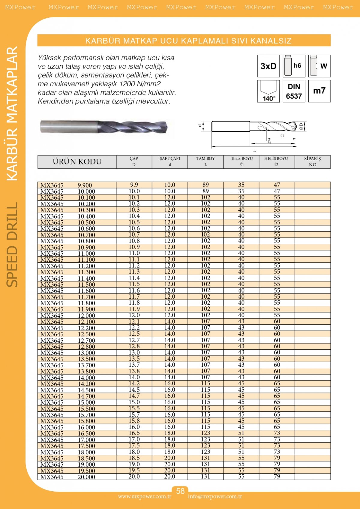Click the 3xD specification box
pos(268,66)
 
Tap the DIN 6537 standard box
pos(294,91)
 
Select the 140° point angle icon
pos(268,91)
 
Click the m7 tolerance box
pos(319,91)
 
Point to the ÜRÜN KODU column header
pos(77,162)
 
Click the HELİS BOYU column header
pos(276,161)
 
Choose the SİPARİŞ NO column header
pos(312,161)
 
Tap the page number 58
pos(180,491)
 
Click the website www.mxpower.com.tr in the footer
pos(145,497)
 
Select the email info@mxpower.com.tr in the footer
pos(215,497)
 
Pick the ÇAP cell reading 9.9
pos(134,185)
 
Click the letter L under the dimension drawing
pos(254,151)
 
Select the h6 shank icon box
pos(294,66)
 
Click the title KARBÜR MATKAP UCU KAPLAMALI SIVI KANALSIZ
pos(188,41)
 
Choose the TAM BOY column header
pos(205,161)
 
